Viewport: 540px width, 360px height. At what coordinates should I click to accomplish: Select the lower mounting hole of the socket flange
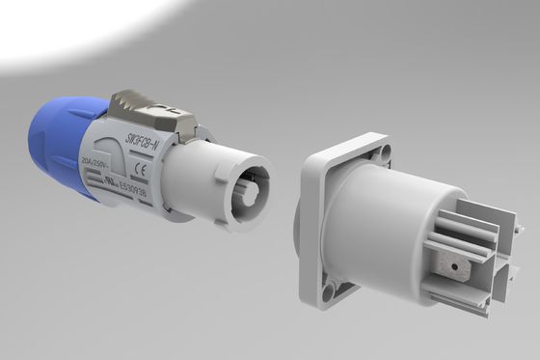[331, 291]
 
